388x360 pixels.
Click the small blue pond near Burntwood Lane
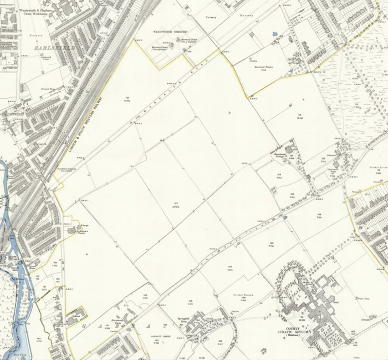[x=285, y=218]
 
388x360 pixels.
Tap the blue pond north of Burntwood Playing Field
[x=274, y=34]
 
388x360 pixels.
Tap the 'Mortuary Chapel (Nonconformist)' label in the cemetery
[x=160, y=48]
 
